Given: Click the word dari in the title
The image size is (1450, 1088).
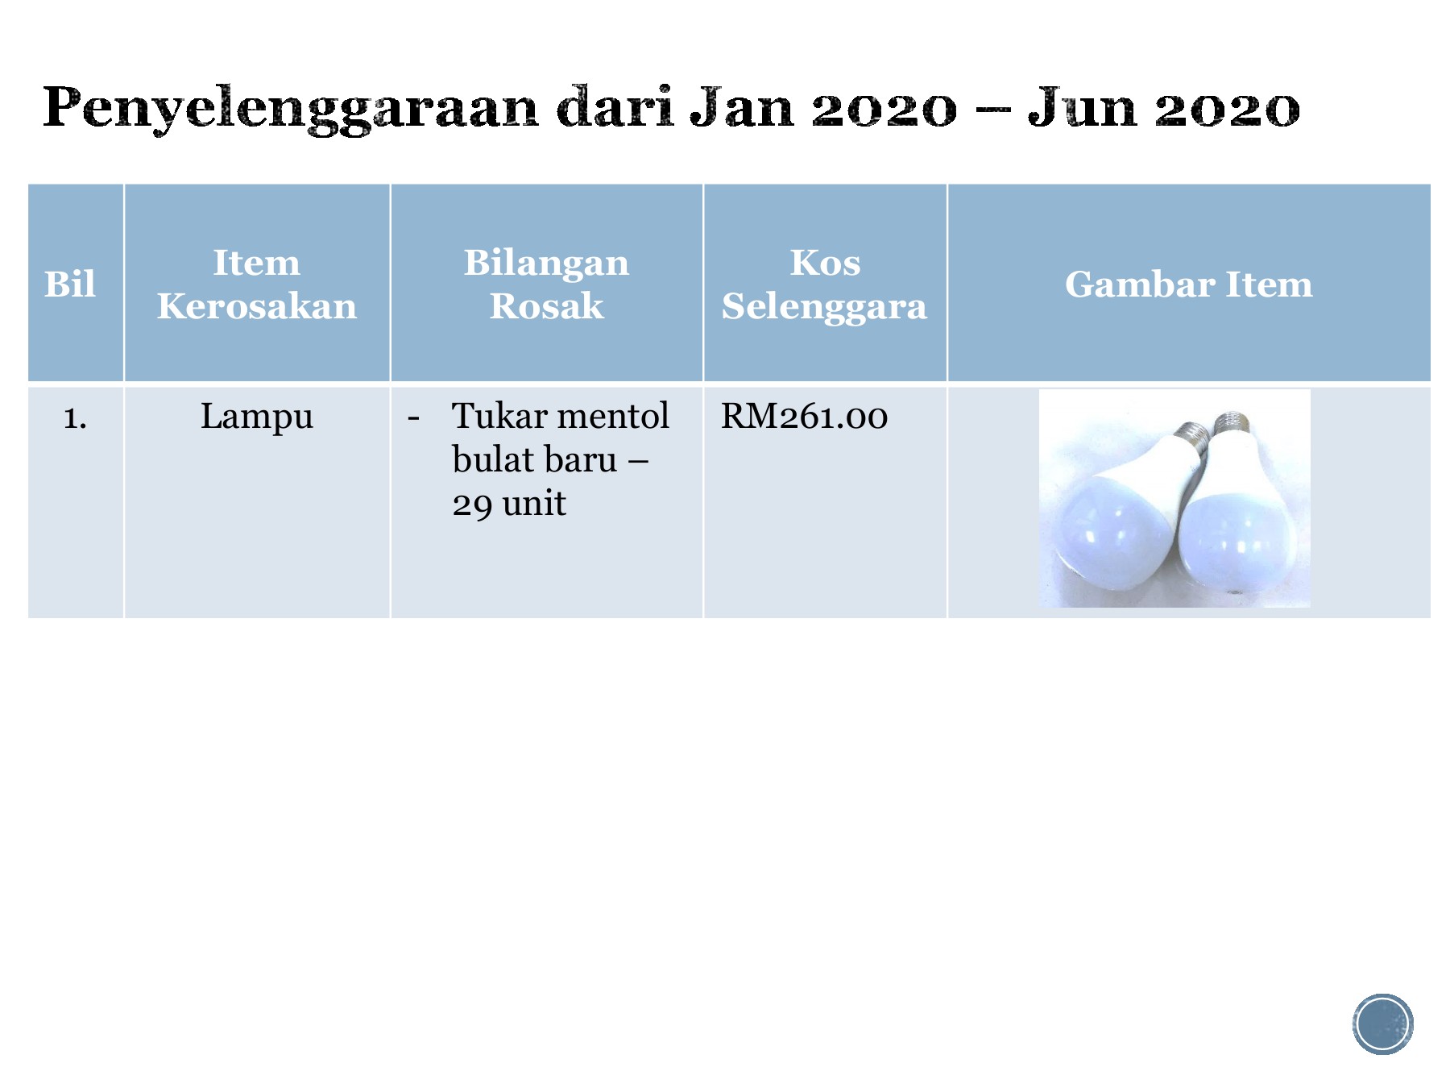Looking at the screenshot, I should pyautogui.click(x=615, y=107).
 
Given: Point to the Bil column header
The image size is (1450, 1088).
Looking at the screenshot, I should pyautogui.click(x=70, y=284).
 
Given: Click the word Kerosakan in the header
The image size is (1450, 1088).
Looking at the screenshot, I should pyautogui.click(x=257, y=306).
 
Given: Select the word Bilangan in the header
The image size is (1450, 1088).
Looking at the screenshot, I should pyautogui.click(x=546, y=263).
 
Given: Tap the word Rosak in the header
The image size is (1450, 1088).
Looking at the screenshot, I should pyautogui.click(x=546, y=306).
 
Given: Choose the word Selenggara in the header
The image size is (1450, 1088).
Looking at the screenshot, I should pyautogui.click(x=824, y=306).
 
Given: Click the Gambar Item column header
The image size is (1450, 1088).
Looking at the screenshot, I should pyautogui.click(x=1188, y=284).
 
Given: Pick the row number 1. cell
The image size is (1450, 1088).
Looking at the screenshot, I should pyautogui.click(x=75, y=417).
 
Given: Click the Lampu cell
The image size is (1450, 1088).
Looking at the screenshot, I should pyautogui.click(x=257, y=417).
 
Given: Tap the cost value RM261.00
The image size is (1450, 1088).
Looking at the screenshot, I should pyautogui.click(x=804, y=417).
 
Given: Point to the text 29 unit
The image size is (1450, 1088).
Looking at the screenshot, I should pyautogui.click(x=508, y=504).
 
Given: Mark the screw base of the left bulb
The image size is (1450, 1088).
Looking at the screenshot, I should pyautogui.click(x=1191, y=438).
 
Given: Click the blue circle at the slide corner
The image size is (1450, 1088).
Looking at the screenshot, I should pyautogui.click(x=1382, y=1024).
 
